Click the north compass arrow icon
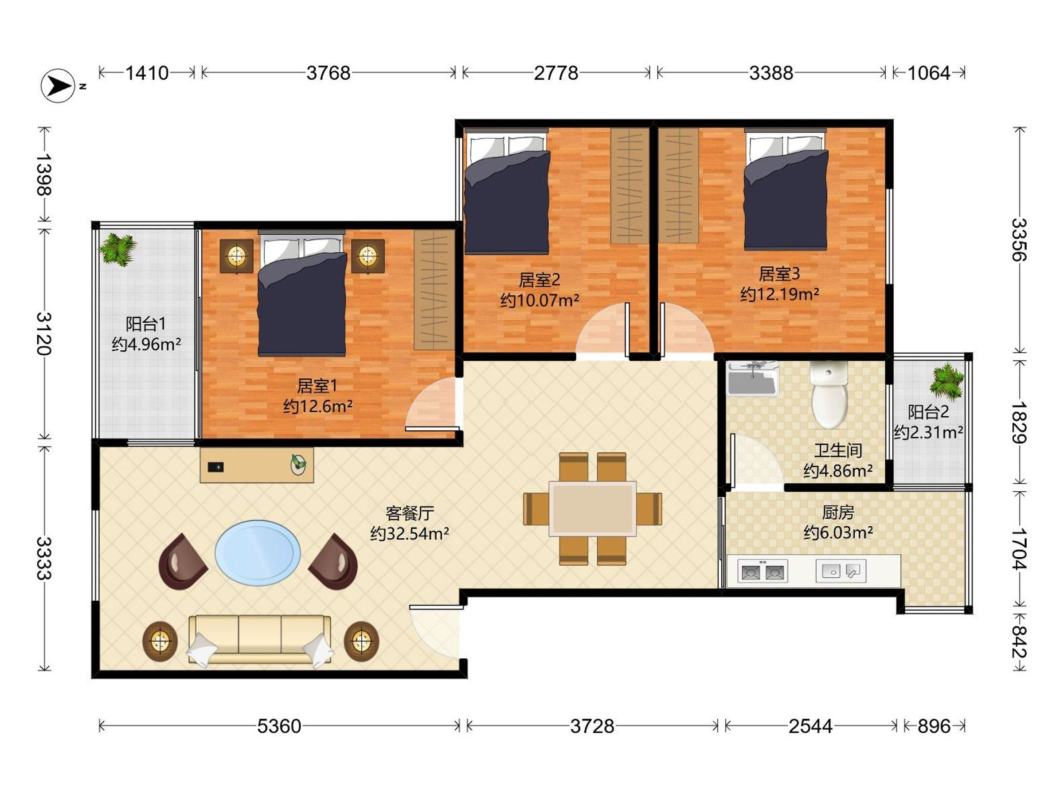58,86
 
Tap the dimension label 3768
329,73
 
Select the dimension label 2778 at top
556,73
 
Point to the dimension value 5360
279,726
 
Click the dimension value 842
1018,642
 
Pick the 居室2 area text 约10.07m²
539,301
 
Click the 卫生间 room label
838,450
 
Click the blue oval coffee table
258,553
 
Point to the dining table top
593,509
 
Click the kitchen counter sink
841,571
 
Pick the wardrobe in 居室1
434,290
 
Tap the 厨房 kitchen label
838,513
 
